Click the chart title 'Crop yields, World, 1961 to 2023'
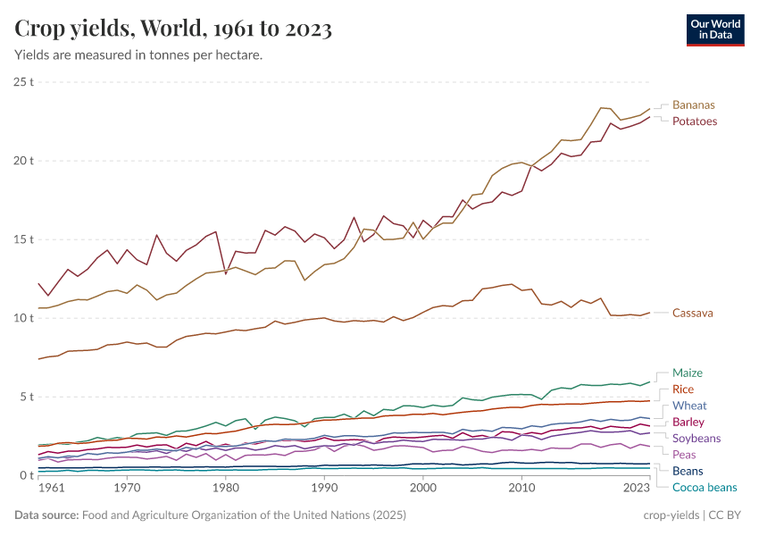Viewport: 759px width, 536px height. [x=173, y=29]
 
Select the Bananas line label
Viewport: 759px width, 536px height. [x=694, y=105]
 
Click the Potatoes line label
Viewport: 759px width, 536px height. [x=695, y=121]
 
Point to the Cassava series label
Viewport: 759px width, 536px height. [x=693, y=313]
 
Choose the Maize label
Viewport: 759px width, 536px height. [x=688, y=373]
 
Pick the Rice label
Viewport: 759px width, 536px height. [x=683, y=389]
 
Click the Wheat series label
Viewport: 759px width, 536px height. [x=689, y=406]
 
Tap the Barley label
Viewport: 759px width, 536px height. [x=688, y=422]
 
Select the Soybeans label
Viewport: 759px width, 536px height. [x=696, y=438]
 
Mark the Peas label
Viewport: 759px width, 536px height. [x=686, y=454]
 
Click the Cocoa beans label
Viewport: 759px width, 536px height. [x=705, y=487]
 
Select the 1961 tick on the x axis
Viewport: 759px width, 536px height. [x=52, y=489]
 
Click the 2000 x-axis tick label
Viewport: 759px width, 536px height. [x=423, y=489]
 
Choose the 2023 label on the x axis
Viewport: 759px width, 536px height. [x=637, y=489]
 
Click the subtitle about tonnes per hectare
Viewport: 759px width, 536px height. [x=138, y=55]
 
